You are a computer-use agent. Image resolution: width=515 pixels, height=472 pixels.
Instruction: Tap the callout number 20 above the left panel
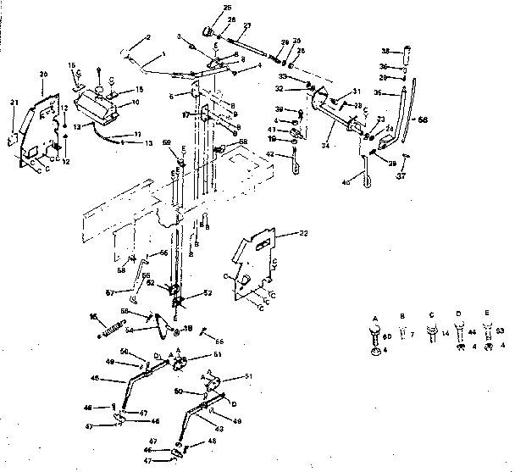click(42, 74)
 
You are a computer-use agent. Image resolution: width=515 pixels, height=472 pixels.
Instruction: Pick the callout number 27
click(246, 25)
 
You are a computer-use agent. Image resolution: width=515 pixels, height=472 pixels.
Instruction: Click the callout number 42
click(269, 154)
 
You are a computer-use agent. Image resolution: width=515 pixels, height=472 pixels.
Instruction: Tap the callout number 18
click(188, 327)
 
